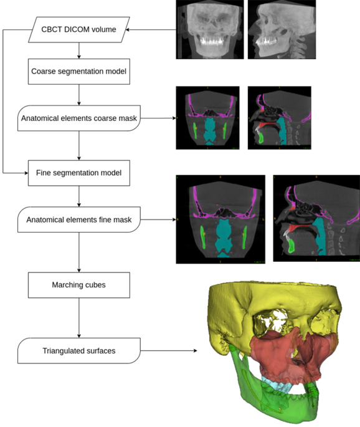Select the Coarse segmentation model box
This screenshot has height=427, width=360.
click(78, 72)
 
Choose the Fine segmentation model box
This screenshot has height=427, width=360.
click(78, 171)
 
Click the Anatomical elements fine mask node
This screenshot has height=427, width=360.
click(78, 219)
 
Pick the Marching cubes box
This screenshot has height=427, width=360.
click(78, 285)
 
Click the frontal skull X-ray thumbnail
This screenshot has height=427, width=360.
click(208, 30)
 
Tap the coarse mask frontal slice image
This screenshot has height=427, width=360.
click(208, 118)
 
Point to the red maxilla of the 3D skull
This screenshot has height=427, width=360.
click(293, 355)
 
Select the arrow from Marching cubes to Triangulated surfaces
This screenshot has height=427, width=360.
click(78, 318)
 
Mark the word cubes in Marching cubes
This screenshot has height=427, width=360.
click(97, 285)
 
